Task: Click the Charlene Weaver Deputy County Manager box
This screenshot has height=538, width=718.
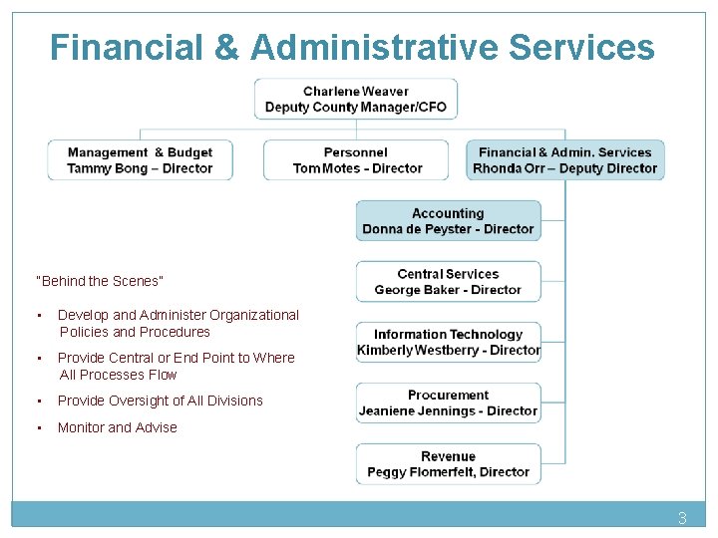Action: [x=355, y=100]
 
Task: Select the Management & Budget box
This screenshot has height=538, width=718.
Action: [x=140, y=160]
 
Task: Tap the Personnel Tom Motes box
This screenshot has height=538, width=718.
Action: [x=357, y=160]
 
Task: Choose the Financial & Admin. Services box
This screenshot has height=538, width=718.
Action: [x=564, y=160]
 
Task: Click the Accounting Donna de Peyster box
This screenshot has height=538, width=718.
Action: [x=448, y=221]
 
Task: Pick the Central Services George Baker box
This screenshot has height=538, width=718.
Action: [x=448, y=282]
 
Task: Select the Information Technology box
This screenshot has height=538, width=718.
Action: [x=448, y=342]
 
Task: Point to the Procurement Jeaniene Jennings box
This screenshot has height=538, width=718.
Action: [x=448, y=403]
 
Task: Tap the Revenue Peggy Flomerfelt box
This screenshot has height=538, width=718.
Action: [x=448, y=464]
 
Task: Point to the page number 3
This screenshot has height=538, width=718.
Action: [x=682, y=518]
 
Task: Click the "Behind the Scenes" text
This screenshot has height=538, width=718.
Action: [x=99, y=281]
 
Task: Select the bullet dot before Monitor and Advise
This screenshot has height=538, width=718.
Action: [x=38, y=428]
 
